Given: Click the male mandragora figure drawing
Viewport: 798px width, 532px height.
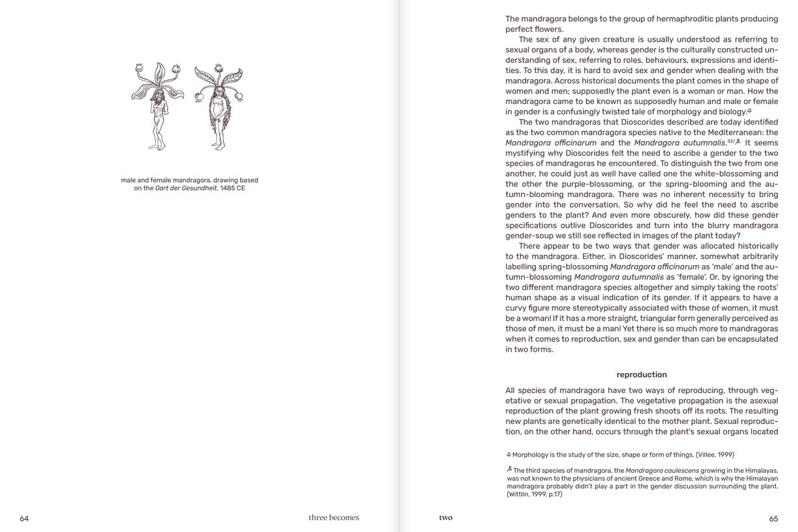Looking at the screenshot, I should tap(157, 106).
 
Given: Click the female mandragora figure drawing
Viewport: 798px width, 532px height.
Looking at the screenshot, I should tap(218, 106).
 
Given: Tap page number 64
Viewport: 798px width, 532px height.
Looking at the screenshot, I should tap(24, 518).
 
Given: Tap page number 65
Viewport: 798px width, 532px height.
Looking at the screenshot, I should tap(773, 518).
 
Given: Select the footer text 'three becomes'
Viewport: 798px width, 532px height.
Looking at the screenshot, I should tap(334, 518).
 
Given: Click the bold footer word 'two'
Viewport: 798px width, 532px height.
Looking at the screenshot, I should tap(446, 518).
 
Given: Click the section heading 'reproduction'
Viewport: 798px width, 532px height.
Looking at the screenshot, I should tap(642, 375).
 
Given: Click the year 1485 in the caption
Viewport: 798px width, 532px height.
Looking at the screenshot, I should tap(228, 188).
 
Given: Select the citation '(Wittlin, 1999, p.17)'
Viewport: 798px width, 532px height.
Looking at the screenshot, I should tap(534, 495).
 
